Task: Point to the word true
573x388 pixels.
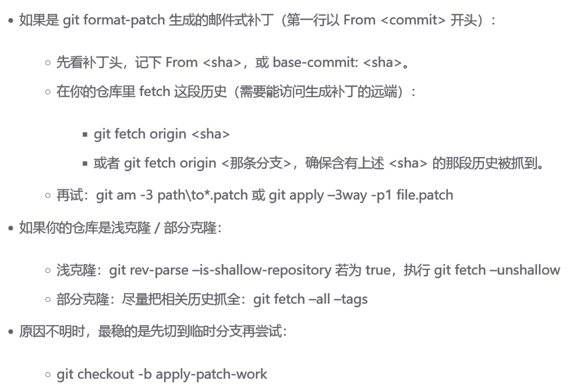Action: [378, 270]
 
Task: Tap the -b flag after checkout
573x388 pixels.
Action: [144, 374]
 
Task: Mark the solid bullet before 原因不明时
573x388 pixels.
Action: [11, 332]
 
